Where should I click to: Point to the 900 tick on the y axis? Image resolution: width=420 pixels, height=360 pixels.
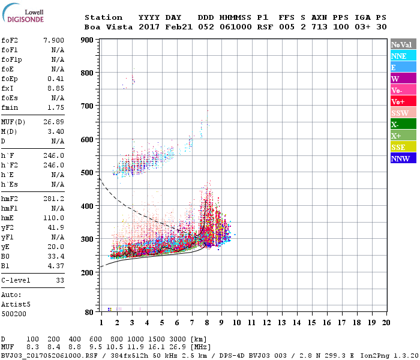click(x=87, y=40)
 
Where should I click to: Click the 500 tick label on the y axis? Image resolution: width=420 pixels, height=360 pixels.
click(x=87, y=173)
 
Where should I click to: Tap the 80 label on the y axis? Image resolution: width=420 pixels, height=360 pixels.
click(x=89, y=312)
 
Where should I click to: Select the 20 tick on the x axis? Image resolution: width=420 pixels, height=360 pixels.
click(x=385, y=322)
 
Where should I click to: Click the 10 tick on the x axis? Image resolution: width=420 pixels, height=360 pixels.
click(x=236, y=322)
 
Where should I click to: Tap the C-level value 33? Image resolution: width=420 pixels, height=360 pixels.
click(x=59, y=280)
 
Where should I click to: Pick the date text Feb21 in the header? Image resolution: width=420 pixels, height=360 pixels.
click(x=179, y=27)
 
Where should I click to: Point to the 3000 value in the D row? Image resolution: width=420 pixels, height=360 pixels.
click(x=179, y=340)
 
